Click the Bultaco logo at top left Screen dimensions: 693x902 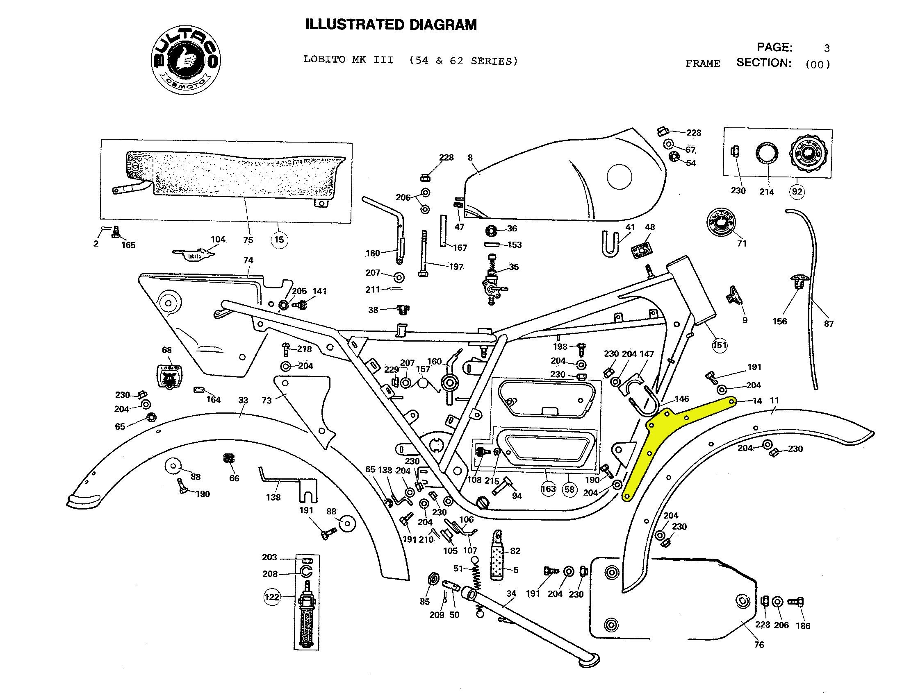tap(185, 60)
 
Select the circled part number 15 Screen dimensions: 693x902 tap(279, 240)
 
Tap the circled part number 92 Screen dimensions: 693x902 tap(797, 191)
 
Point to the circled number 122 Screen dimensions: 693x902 tap(272, 597)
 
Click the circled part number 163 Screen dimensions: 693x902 tap(548, 489)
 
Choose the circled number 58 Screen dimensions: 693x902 tap(569, 489)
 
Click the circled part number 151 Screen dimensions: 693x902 tap(720, 345)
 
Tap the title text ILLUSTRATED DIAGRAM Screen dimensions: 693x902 tap(391, 25)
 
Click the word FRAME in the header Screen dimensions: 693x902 tap(703, 63)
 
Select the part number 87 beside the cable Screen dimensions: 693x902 tap(829, 324)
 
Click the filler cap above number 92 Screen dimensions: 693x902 tap(808, 154)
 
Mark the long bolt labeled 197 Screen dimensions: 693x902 tap(424, 253)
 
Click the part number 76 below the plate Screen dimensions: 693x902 tap(759, 645)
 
